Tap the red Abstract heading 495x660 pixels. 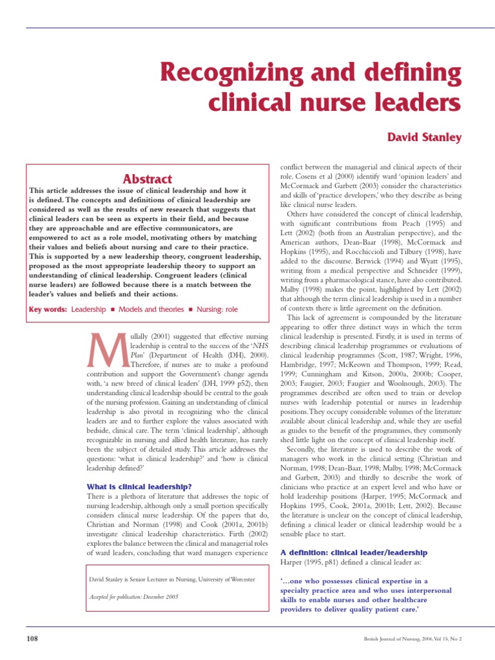point(148,179)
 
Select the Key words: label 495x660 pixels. point(48,309)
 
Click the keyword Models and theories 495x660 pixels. point(149,309)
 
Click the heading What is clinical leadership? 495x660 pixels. point(139,486)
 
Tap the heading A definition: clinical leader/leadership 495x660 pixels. point(354,552)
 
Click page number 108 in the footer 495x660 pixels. point(32,639)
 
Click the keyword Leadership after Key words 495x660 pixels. point(88,309)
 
